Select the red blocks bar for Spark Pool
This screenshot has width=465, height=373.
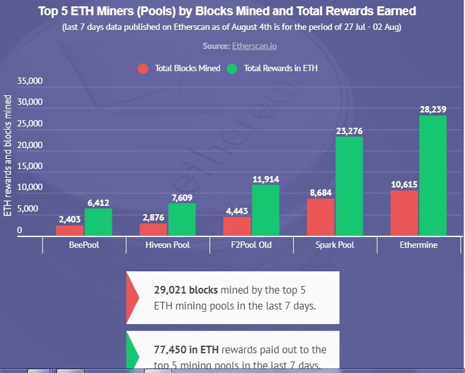click(320, 217)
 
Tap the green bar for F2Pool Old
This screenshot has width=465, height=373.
click(265, 210)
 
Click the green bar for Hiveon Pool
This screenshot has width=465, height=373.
click(181, 219)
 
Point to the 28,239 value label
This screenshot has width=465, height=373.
click(433, 109)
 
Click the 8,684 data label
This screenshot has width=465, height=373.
click(320, 192)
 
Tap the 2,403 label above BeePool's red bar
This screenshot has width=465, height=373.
click(70, 219)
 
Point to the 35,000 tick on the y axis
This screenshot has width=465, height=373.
click(29, 81)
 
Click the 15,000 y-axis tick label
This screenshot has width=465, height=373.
click(29, 166)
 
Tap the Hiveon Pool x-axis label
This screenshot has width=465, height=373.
click(168, 245)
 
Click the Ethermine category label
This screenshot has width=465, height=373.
click(419, 245)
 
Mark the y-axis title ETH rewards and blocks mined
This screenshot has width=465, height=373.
click(8, 156)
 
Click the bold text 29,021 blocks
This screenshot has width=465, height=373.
click(185, 290)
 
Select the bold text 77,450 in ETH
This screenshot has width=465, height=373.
click(190, 349)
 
